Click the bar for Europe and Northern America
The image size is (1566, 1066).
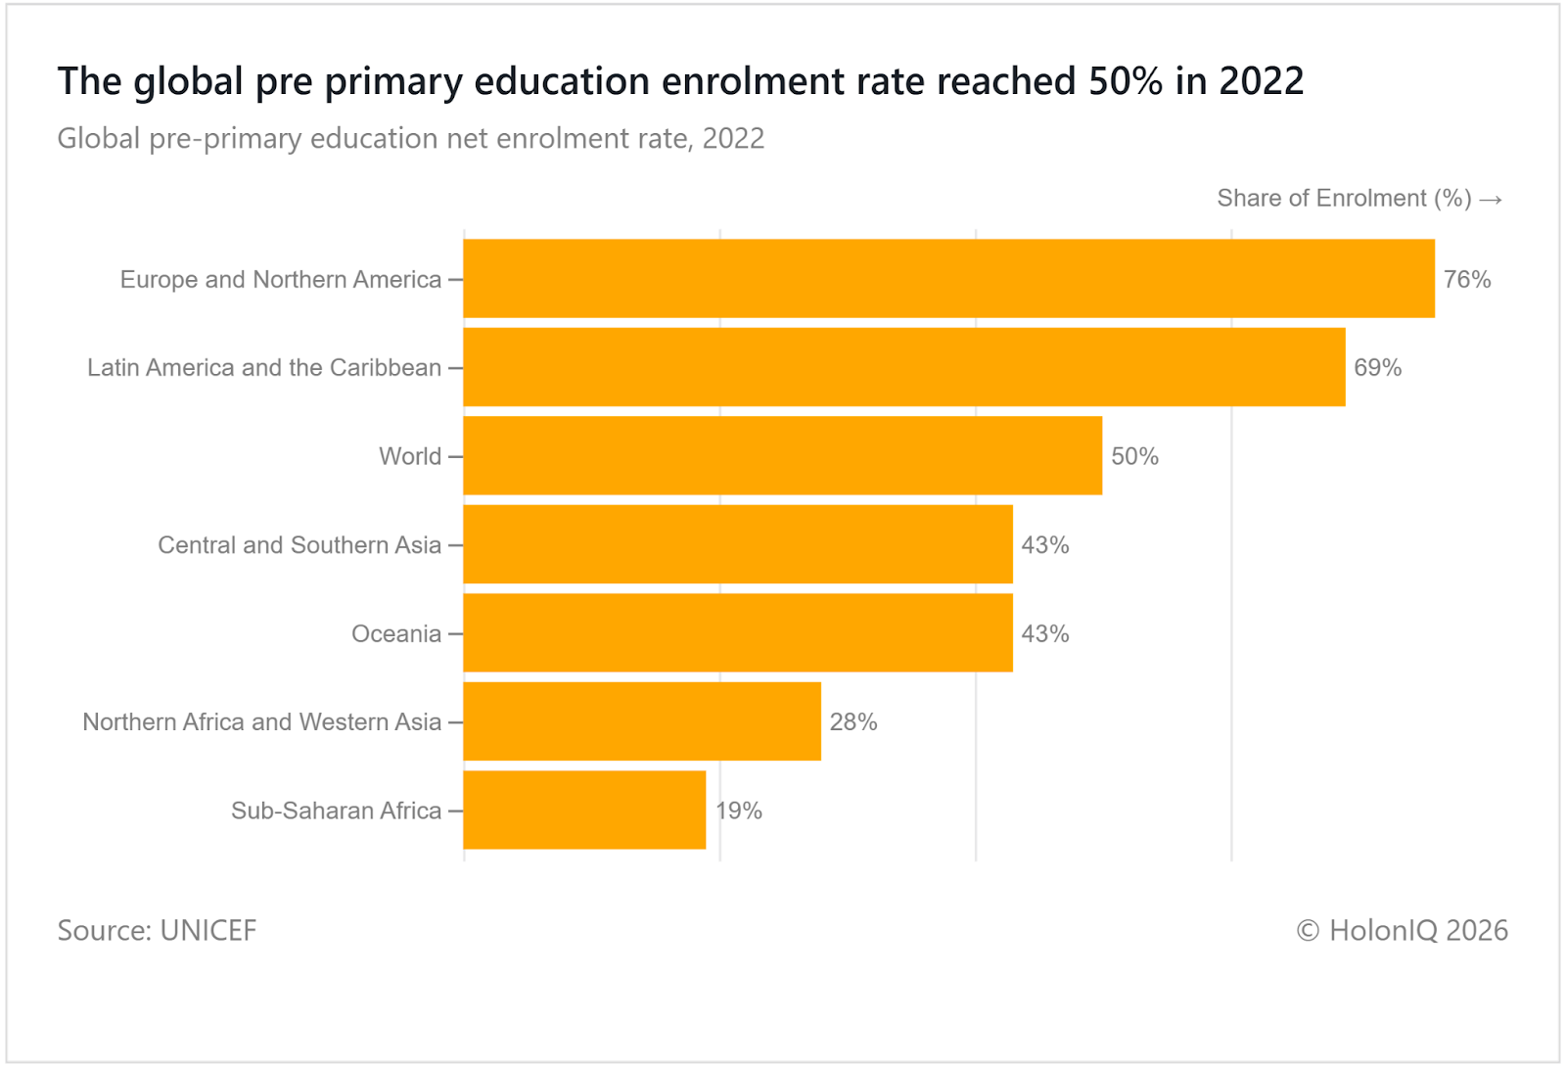[948, 279]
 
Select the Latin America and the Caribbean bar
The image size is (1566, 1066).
[903, 367]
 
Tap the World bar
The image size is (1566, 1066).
[782, 456]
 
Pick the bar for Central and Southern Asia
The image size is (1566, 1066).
[737, 544]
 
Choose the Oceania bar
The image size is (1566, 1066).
[737, 633]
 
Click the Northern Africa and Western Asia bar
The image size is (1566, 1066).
[641, 721]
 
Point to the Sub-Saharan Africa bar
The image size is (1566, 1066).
[584, 811]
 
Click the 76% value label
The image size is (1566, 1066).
[1467, 280]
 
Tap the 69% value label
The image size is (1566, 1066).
[1377, 368]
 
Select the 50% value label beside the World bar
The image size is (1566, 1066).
[1134, 457]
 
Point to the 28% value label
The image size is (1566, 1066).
[852, 722]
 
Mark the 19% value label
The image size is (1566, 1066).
[739, 811]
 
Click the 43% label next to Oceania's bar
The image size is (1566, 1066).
[1044, 634]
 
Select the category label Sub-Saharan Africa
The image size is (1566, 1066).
[336, 811]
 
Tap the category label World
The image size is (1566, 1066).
[410, 457]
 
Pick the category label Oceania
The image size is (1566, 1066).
[395, 634]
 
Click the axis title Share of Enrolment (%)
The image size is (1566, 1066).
[1344, 199]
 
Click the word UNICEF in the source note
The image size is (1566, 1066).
[207, 930]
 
